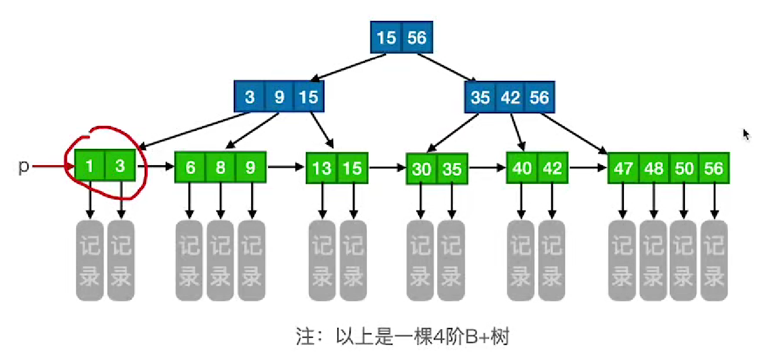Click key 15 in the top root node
(386, 38)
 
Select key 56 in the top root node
(417, 38)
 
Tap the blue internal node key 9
(280, 97)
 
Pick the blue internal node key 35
(480, 97)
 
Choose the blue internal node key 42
(510, 97)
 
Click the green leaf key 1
(90, 167)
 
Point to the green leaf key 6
(190, 167)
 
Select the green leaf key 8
(220, 167)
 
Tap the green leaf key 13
(322, 168)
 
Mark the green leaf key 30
(421, 169)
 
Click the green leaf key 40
(522, 168)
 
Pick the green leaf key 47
(623, 168)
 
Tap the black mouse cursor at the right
(747, 135)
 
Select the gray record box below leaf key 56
(714, 260)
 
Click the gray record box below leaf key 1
(90, 260)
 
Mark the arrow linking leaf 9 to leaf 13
(286, 167)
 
